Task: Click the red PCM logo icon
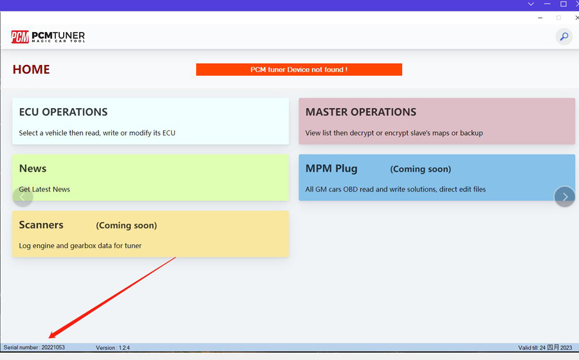click(x=20, y=37)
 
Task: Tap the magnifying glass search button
click(x=564, y=37)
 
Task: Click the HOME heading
click(x=31, y=69)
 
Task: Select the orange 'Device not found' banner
click(x=299, y=69)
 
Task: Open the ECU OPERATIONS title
click(x=63, y=112)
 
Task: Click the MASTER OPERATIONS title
click(x=361, y=112)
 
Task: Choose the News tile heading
click(x=33, y=168)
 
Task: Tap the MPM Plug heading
click(x=331, y=168)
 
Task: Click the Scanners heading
click(x=41, y=225)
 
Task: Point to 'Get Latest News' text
click(x=44, y=189)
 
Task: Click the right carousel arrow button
click(x=565, y=197)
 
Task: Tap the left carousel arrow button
click(x=23, y=197)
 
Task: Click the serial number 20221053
click(x=53, y=347)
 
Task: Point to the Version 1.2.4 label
click(x=113, y=347)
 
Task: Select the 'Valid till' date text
click(x=545, y=347)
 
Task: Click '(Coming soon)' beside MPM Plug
click(x=421, y=169)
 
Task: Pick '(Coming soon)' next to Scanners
click(x=126, y=226)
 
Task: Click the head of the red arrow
click(x=50, y=337)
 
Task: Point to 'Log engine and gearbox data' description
click(x=80, y=246)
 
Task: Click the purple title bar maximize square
click(x=563, y=4)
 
